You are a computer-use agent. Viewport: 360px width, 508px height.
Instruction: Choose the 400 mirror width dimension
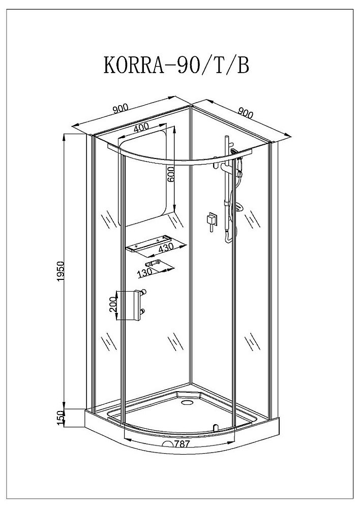141,128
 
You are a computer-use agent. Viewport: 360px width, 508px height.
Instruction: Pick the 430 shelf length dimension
167,248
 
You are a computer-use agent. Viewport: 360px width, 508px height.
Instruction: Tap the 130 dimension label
145,272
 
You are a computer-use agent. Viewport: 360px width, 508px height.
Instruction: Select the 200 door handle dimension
113,304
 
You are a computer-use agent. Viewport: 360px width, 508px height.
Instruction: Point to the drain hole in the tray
186,403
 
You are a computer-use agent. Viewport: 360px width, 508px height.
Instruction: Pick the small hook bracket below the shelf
154,263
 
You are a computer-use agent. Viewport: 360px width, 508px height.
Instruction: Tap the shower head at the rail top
234,151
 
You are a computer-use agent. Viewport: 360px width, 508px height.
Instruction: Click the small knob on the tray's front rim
215,427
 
